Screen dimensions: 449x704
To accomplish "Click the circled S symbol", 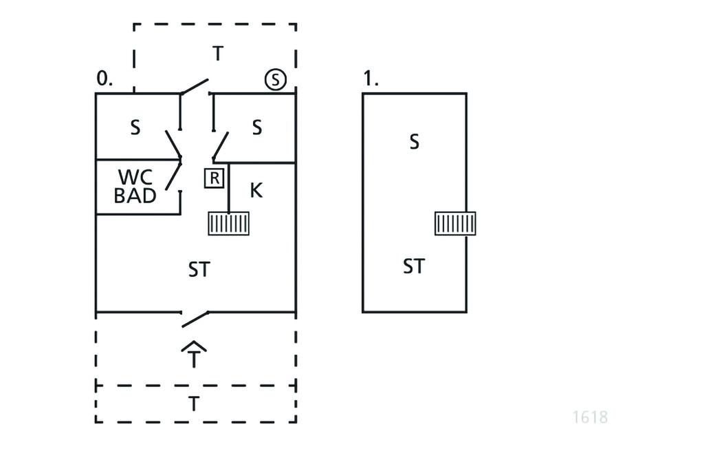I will (275, 80).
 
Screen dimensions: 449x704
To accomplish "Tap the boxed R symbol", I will (214, 178).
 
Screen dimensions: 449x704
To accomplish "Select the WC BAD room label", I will (135, 187).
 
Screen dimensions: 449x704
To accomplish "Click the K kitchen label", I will (256, 190).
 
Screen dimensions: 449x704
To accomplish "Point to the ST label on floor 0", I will (199, 270).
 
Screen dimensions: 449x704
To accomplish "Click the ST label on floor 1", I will (413, 266).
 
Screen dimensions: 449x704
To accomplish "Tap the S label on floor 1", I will (414, 142).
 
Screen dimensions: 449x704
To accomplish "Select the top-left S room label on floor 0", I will (135, 127).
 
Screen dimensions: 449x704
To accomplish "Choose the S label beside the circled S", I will (256, 127).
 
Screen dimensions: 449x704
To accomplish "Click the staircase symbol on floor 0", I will (229, 224).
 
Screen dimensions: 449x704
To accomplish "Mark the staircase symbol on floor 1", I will (455, 224).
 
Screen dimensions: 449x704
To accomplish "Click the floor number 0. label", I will (104, 79).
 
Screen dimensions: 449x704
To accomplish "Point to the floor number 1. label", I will (371, 79).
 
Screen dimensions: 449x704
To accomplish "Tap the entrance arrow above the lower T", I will (195, 346).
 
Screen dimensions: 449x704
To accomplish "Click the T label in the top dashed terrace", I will (217, 54).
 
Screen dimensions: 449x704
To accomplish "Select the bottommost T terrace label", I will (195, 404).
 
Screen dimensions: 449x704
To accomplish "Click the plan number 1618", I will (590, 417).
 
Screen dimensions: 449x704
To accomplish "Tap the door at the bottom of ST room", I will (195, 318).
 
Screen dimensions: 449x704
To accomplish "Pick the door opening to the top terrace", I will (195, 87).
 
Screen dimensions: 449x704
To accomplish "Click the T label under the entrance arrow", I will (195, 359).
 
